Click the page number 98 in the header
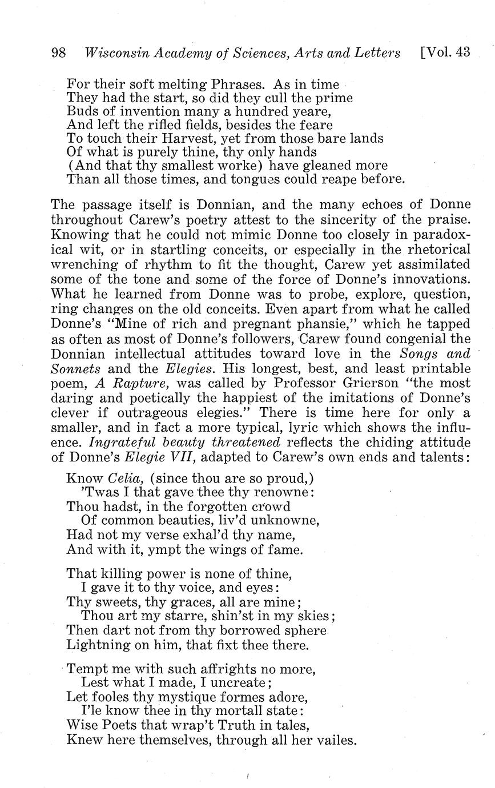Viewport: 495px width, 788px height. coord(59,53)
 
